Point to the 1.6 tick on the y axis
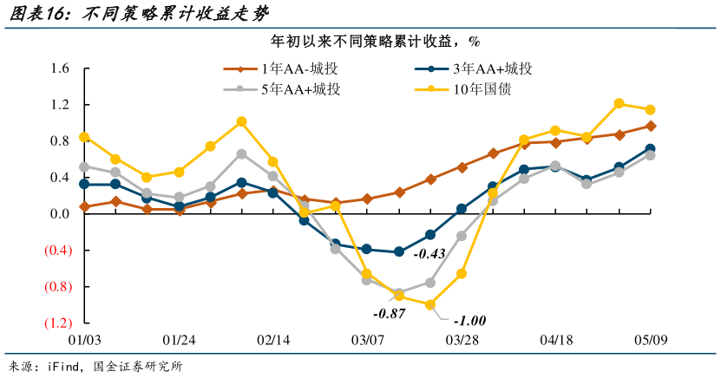pos(59,68)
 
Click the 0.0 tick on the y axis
pos(59,214)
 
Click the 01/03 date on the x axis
pos(84,340)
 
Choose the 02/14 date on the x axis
pos(273,340)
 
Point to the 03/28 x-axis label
pos(462,340)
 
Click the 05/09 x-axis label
pos(651,340)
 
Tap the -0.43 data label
pos(429,254)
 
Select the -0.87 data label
pos(389,313)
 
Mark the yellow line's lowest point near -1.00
pos(429,304)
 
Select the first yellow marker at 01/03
pos(84,137)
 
